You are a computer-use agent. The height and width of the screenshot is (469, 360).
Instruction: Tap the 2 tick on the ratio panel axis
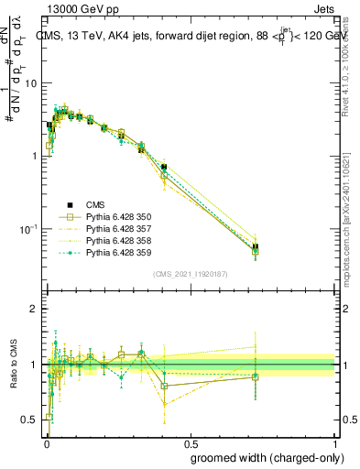coord(34,309)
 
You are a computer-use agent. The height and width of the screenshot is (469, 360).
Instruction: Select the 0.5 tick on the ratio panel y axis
coord(29,420)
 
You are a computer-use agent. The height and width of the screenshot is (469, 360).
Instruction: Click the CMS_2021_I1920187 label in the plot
coord(190,275)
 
